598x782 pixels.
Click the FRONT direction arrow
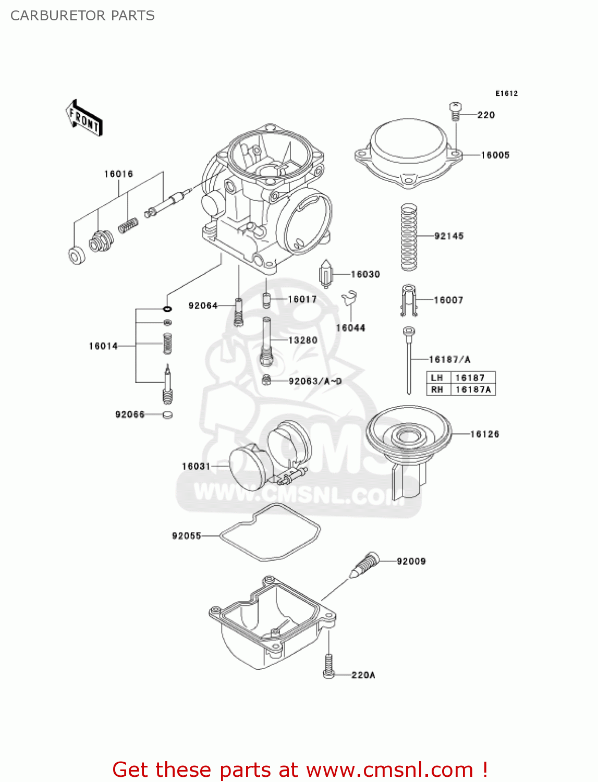point(84,118)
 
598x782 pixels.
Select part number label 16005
point(495,155)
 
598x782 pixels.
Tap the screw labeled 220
point(455,111)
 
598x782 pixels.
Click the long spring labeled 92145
point(409,237)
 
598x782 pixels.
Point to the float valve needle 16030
point(326,274)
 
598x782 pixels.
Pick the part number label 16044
point(350,328)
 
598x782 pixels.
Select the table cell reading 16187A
point(473,389)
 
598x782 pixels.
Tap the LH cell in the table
point(437,377)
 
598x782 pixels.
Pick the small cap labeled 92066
point(167,415)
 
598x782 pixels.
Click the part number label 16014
point(103,346)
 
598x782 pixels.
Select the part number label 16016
point(118,174)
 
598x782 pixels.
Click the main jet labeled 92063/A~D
point(266,381)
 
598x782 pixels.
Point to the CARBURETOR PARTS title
point(82,16)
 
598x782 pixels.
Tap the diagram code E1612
point(506,93)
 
